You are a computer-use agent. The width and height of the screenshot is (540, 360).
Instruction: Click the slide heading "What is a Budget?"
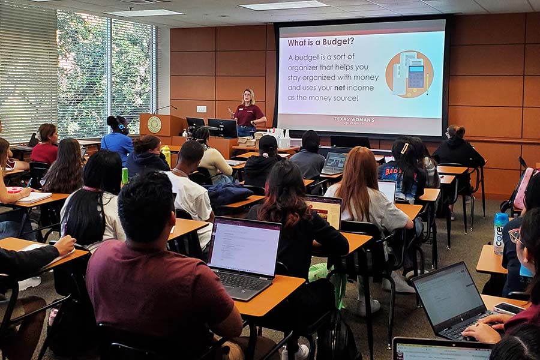pos(320,42)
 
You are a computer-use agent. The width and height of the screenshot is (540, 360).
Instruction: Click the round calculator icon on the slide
pos(409,74)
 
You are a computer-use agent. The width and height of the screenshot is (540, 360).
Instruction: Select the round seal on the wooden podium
pos(155,124)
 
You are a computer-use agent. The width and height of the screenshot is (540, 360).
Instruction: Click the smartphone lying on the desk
pos(509,308)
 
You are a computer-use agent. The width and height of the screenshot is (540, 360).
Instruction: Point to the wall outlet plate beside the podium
pos(201,109)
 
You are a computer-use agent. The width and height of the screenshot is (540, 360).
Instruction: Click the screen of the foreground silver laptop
pos(244,246)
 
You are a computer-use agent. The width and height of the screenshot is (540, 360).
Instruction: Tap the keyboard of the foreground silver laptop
pos(241,281)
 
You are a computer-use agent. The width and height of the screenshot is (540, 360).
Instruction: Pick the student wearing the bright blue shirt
pos(117,140)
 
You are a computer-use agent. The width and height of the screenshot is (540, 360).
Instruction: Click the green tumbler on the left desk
pos(125,176)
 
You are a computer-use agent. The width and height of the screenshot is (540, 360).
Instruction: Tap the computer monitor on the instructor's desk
pos(222,127)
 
